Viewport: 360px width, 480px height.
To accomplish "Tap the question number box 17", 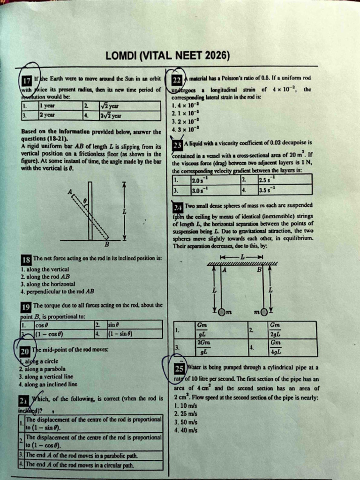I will coord(27,80).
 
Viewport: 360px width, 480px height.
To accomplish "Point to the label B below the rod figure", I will coord(106,244).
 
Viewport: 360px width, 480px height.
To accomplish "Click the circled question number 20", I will coord(25,351).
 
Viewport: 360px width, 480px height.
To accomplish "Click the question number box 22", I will coord(177,80).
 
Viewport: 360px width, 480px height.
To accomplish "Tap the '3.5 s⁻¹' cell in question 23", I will coord(267,191).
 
